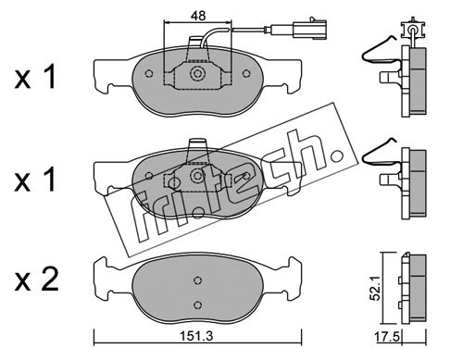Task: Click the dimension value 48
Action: click(x=198, y=16)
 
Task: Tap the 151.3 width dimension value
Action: click(x=197, y=336)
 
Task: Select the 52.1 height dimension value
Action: click(x=374, y=291)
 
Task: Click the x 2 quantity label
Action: click(x=37, y=279)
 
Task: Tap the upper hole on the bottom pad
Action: click(x=198, y=280)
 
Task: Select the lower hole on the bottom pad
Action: click(x=198, y=304)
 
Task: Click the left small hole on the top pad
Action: click(x=149, y=74)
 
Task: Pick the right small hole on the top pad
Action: click(x=246, y=74)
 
